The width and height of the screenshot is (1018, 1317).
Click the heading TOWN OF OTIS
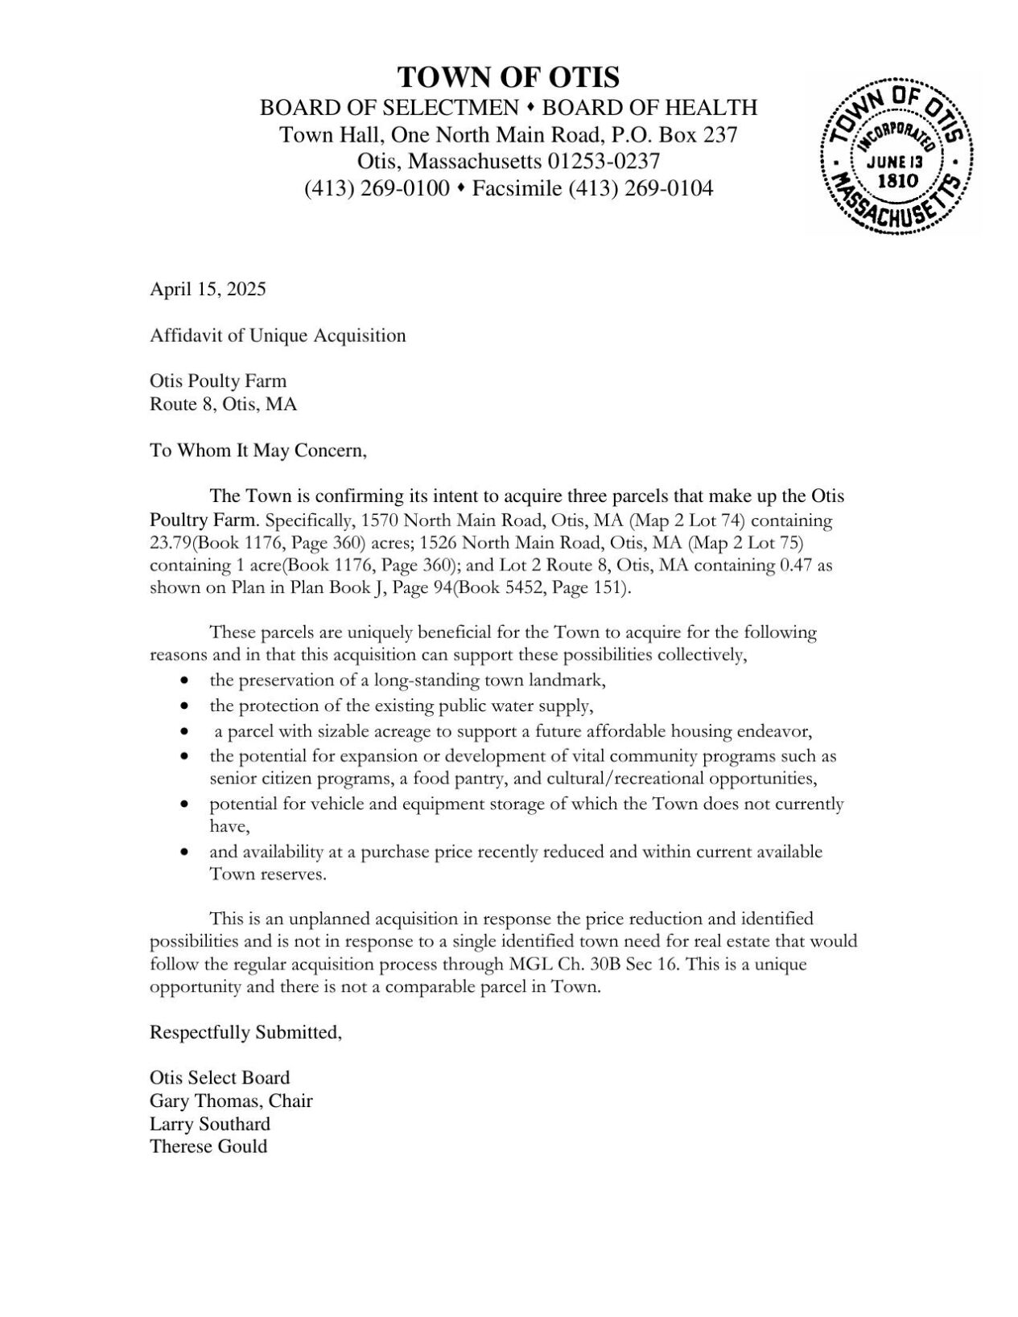[x=509, y=77]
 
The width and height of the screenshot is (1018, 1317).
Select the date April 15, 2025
[x=208, y=289]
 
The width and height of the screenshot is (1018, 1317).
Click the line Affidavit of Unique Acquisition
[x=278, y=335]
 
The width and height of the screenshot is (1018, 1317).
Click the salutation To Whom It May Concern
[x=258, y=450]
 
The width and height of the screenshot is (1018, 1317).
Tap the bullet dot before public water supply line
[x=186, y=706]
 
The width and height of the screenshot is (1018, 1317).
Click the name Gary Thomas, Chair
[x=231, y=1100]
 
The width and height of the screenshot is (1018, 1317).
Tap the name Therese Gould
[x=208, y=1146]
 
